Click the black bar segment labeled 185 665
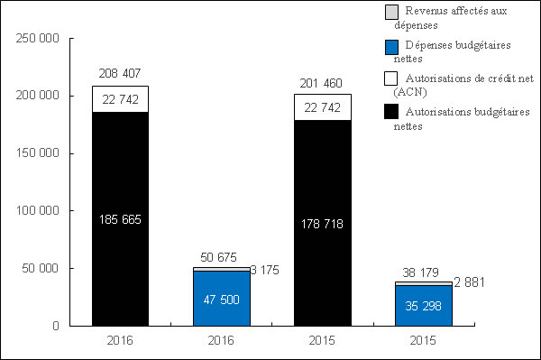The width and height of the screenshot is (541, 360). click(x=120, y=244)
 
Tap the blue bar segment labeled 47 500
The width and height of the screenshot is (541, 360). click(x=221, y=298)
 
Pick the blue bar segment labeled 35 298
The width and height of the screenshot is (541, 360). click(x=424, y=305)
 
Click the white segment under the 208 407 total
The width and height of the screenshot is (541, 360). click(x=120, y=99)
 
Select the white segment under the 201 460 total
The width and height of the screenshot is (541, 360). click(x=323, y=106)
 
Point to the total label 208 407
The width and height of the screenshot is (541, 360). click(x=120, y=73)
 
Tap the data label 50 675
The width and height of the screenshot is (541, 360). click(x=221, y=255)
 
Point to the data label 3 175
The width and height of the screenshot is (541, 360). click(x=266, y=269)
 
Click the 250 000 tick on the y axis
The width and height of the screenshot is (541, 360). click(x=38, y=38)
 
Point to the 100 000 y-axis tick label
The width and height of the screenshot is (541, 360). click(x=38, y=210)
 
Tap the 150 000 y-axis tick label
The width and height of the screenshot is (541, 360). click(x=38, y=152)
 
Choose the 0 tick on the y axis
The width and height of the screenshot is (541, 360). click(x=55, y=325)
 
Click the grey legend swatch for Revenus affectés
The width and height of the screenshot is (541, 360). click(x=391, y=12)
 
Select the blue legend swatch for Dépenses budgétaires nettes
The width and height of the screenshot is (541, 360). click(x=391, y=46)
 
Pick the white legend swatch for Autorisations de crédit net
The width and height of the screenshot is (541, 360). click(x=391, y=79)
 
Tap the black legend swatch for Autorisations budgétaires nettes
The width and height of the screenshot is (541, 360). click(x=391, y=112)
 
